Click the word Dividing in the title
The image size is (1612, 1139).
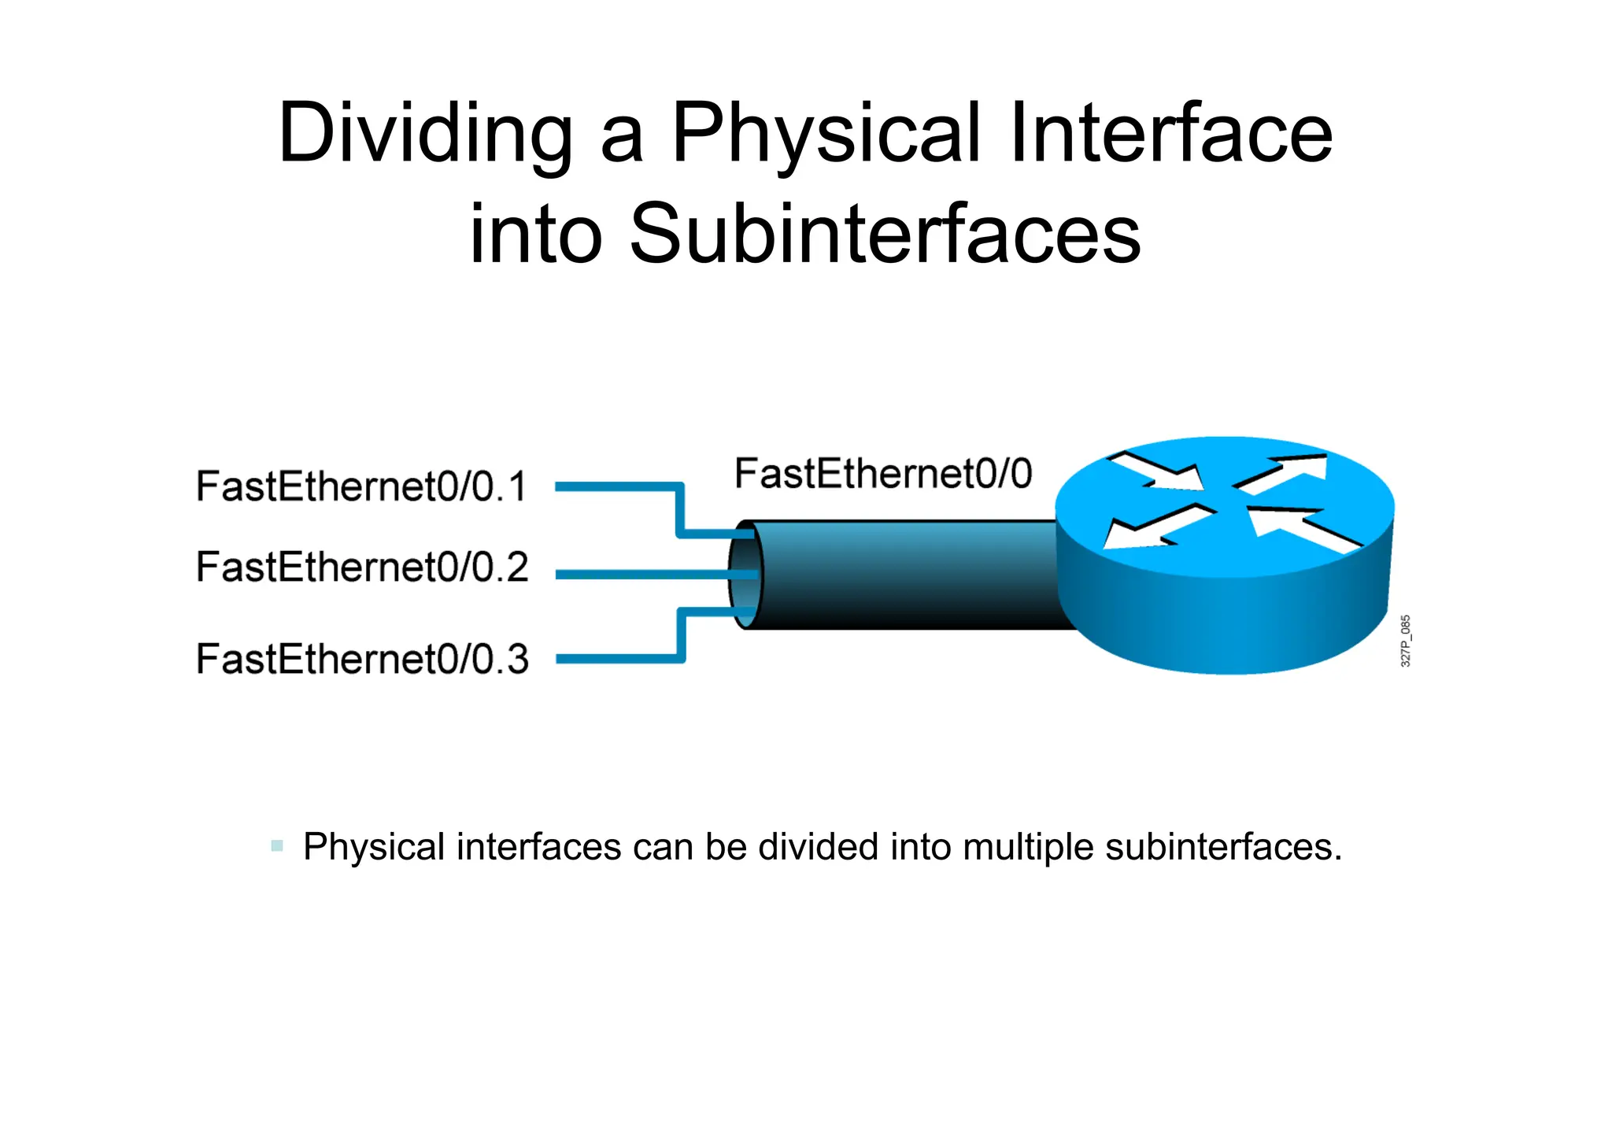tap(426, 134)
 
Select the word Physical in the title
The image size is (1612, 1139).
tap(826, 134)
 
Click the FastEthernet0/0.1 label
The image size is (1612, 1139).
tap(361, 486)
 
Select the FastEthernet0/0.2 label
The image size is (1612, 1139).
tap(362, 568)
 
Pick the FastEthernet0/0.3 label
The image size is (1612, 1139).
tap(362, 660)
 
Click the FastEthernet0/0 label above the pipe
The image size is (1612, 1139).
tap(882, 474)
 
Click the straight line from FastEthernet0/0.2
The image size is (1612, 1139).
tap(638, 575)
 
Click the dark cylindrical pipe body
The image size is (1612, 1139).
tap(905, 575)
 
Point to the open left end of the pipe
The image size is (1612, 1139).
tap(745, 575)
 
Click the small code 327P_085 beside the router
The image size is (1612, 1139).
tap(1406, 642)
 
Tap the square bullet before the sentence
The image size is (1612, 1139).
tap(276, 846)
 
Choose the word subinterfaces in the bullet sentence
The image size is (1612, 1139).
tap(1223, 847)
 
